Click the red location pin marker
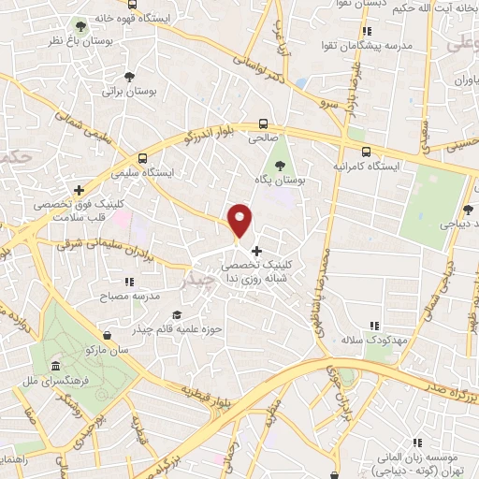point(240,220)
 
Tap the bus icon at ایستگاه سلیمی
point(142,158)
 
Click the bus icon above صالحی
point(263,123)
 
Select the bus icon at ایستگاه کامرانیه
point(366,151)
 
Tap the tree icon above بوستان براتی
point(129,77)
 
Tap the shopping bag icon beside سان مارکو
point(109,334)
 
